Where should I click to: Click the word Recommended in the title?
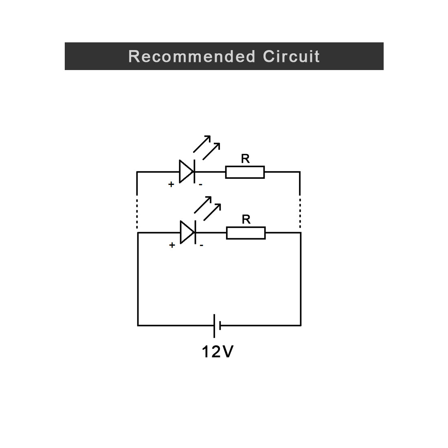[191, 56]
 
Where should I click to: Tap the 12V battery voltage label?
[218, 351]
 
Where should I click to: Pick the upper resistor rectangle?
[245, 172]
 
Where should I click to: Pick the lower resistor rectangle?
[246, 233]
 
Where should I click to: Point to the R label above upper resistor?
[245, 159]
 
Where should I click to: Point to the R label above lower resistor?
[246, 220]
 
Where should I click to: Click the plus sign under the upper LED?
[171, 184]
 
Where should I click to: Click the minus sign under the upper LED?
[201, 185]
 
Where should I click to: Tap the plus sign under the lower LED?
[172, 245]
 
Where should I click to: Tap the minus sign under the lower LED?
[202, 246]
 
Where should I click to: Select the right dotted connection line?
[300, 213]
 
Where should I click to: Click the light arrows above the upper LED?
[207, 147]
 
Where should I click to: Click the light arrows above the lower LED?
[208, 208]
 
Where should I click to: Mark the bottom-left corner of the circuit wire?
[138, 325]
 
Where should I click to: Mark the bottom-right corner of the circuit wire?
[301, 325]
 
